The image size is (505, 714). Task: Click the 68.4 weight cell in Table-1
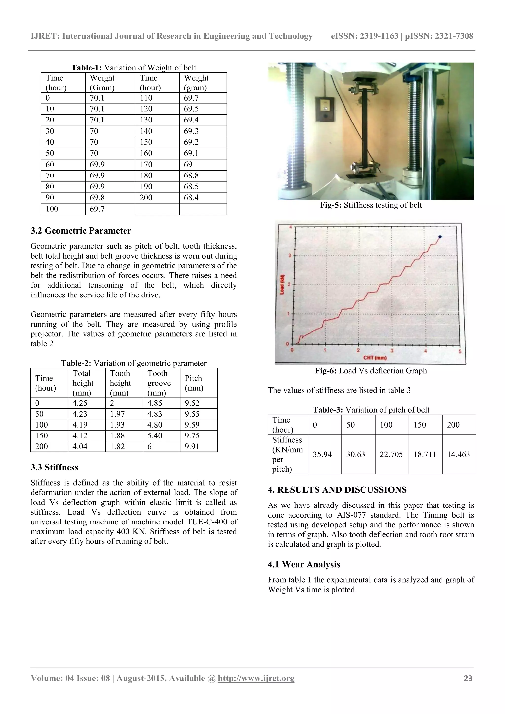click(191, 198)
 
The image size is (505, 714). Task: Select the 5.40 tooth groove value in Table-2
click(155, 436)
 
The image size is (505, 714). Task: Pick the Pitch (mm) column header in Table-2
click(194, 383)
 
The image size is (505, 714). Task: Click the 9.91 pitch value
click(192, 447)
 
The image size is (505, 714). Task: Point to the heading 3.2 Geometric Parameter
click(81, 231)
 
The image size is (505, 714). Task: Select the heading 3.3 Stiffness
click(54, 467)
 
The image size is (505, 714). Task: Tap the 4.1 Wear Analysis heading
click(304, 564)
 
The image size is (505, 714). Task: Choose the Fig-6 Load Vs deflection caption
click(371, 371)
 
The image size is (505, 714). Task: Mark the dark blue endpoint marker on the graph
click(440, 237)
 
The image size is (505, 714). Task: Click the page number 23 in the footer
click(468, 678)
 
